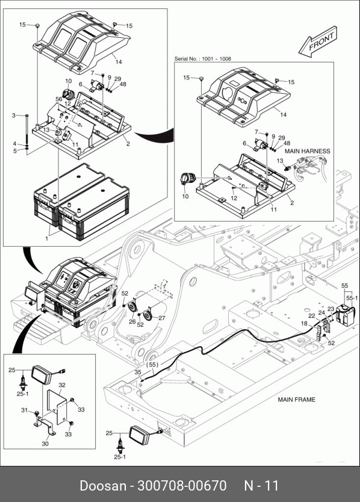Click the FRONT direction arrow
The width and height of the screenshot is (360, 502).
[x=317, y=42]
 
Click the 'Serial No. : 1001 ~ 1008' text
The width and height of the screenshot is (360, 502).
[x=202, y=59]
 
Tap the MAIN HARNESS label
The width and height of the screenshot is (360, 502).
[x=307, y=151]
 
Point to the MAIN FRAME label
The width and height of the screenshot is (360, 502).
[x=296, y=400]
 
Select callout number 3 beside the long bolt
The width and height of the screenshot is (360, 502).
[x=14, y=115]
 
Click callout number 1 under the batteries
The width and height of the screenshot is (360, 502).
[x=47, y=238]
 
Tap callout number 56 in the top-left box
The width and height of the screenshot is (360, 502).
[x=59, y=99]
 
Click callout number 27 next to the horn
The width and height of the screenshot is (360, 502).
[x=162, y=318]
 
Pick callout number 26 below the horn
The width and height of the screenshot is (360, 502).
[x=132, y=321]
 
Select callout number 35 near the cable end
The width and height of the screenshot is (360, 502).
[x=138, y=372]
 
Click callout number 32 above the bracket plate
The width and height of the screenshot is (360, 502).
[x=62, y=385]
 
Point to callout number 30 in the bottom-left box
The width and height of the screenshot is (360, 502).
[x=45, y=444]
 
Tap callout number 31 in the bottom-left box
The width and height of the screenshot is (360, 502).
[x=25, y=410]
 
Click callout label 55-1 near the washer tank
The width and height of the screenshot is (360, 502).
[x=352, y=299]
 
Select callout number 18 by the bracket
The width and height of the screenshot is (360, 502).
[x=304, y=324]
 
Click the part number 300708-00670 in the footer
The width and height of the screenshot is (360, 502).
[x=182, y=486]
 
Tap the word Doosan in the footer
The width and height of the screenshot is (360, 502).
[x=103, y=486]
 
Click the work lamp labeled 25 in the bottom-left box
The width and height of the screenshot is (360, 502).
[x=42, y=375]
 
